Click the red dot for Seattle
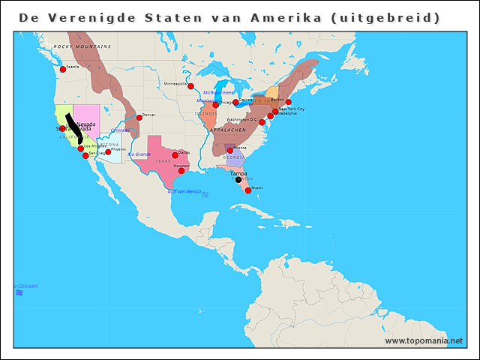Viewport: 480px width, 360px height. (62, 70)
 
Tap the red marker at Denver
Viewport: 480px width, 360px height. (139, 118)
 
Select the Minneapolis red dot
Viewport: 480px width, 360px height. (190, 86)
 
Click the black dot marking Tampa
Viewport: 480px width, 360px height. (238, 179)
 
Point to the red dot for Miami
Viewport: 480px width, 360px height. (248, 190)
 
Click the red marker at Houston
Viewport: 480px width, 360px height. (181, 171)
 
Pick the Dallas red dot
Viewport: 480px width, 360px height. (175, 155)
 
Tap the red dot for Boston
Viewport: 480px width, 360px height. (288, 102)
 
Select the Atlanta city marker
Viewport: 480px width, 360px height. (230, 151)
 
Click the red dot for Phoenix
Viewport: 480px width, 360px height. (108, 151)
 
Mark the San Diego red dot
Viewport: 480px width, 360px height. (85, 156)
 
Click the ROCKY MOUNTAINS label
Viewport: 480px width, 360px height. (82, 46)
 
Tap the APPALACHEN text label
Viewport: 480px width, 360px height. (227, 130)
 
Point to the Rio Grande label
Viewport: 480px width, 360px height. (139, 154)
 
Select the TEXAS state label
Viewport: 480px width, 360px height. (163, 160)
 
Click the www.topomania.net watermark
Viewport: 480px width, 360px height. (424, 340)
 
